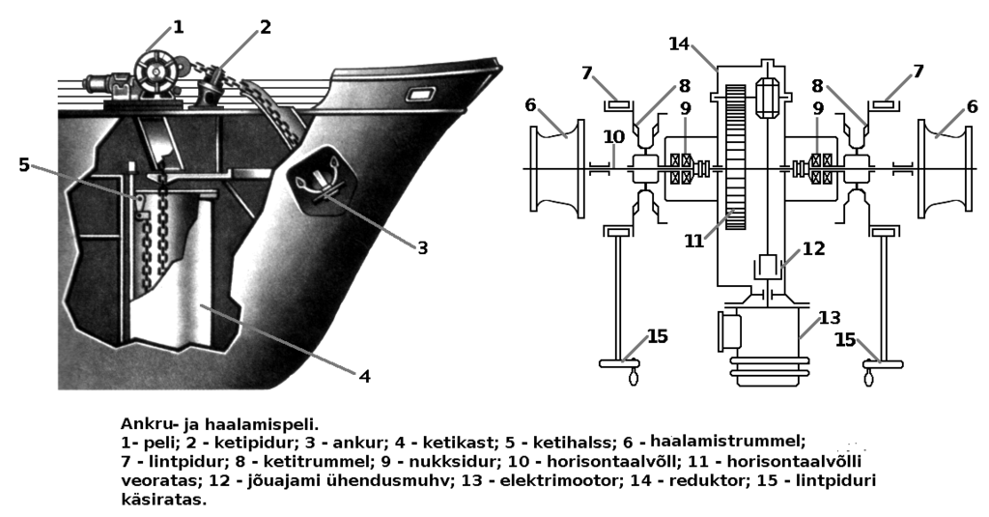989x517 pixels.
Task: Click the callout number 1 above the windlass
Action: coord(178,28)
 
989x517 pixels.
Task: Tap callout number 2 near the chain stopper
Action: coord(265,26)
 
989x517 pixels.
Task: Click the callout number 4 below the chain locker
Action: coord(364,375)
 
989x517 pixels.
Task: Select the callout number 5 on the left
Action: coord(24,164)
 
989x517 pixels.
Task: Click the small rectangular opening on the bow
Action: coord(421,95)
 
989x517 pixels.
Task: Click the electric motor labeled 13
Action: coord(766,343)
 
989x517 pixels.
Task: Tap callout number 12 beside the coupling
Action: coord(814,248)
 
